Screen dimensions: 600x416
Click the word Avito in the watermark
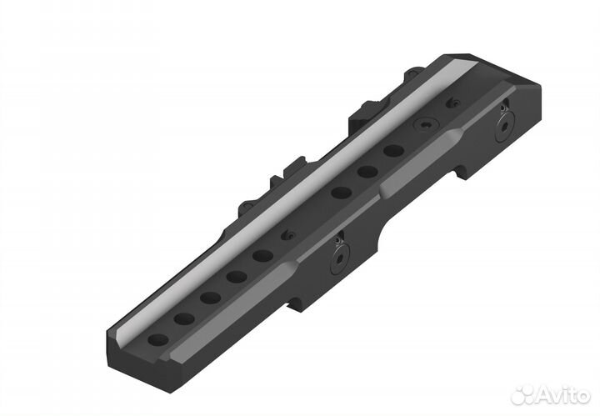click(562, 394)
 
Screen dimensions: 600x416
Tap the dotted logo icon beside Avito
click(522, 394)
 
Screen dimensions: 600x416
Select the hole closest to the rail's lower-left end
click(158, 339)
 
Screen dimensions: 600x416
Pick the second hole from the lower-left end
click(184, 318)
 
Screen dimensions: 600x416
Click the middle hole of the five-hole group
click(211, 298)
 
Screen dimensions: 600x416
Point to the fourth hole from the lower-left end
click(237, 276)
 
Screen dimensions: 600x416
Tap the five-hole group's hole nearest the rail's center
click(262, 256)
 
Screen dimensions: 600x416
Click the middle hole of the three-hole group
click(367, 172)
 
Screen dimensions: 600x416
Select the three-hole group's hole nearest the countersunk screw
click(393, 151)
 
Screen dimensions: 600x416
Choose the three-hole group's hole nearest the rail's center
click(342, 193)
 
